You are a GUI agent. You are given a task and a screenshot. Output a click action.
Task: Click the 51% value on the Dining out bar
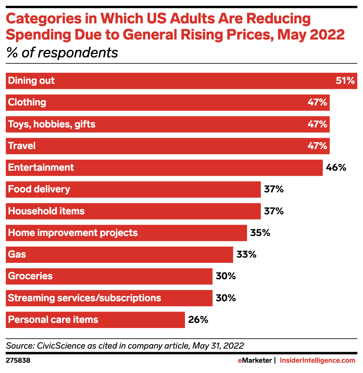click(345, 81)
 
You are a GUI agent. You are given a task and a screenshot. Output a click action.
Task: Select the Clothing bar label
click(27, 102)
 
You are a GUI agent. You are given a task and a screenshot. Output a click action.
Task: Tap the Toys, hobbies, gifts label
click(51, 124)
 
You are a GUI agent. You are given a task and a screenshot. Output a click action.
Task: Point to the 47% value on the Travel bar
click(317, 146)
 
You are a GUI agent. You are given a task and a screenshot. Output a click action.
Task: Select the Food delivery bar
click(133, 189)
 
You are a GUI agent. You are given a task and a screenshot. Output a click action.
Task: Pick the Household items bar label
click(46, 211)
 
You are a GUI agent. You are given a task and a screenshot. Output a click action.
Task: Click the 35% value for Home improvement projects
click(260, 233)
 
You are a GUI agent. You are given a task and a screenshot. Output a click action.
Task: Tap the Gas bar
click(119, 255)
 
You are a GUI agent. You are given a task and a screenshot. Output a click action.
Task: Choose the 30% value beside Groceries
click(226, 276)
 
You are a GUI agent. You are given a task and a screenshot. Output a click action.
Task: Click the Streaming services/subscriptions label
click(84, 298)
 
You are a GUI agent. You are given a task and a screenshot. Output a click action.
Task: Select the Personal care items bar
click(95, 320)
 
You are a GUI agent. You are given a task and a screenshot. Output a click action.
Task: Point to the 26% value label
click(198, 320)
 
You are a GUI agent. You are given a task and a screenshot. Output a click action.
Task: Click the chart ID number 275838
click(18, 361)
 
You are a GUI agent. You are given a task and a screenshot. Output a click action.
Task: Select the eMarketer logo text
click(255, 361)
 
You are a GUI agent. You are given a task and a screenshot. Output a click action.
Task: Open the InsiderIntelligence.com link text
click(318, 361)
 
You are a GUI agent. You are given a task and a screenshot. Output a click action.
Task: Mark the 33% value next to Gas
click(246, 255)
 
